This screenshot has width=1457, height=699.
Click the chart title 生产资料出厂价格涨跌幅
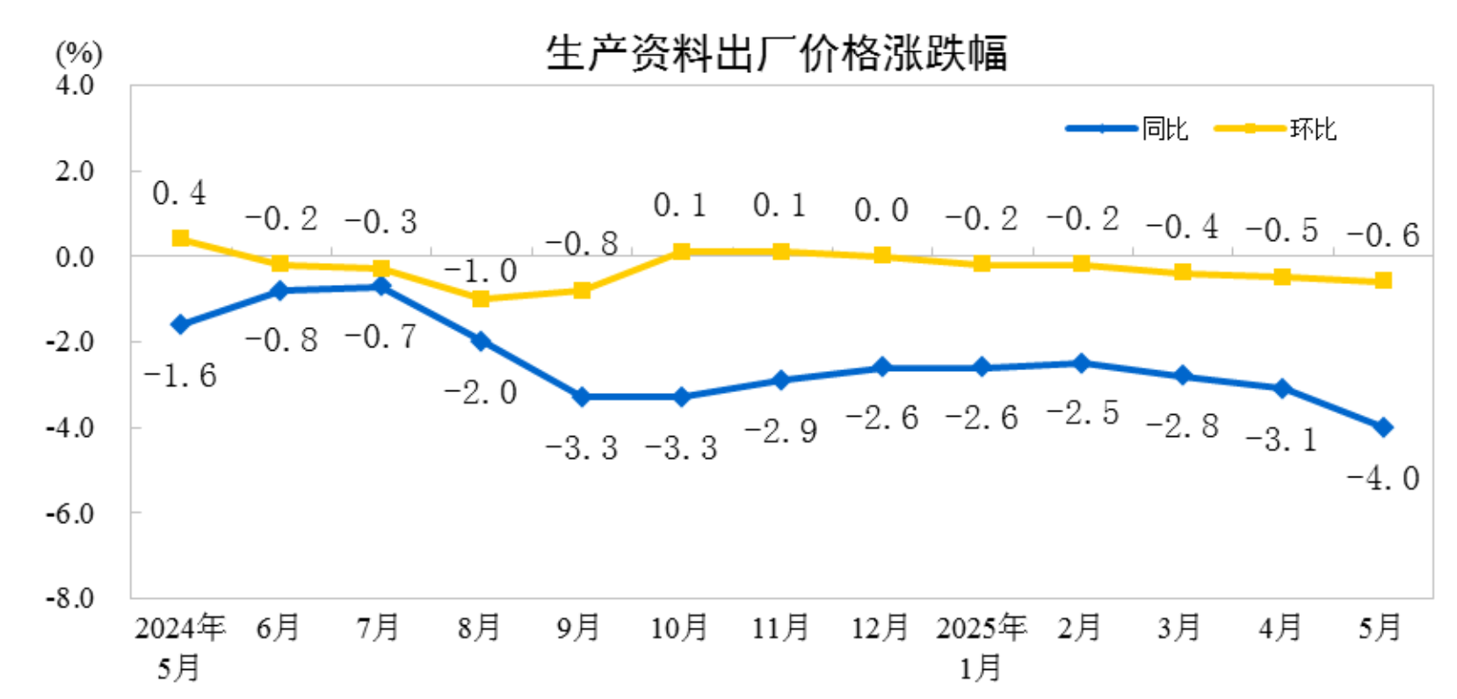point(776,53)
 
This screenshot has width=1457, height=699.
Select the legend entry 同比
point(1164,129)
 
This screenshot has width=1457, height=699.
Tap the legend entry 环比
point(1312,129)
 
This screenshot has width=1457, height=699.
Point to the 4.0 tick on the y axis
point(75,85)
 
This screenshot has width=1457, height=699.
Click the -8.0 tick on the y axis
point(71,598)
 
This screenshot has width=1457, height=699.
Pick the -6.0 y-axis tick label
point(71,513)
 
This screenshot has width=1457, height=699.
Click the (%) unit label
point(79,55)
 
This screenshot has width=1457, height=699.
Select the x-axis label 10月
point(679,628)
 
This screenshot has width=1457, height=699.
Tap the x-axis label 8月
point(479,628)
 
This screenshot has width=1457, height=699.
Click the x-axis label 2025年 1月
point(981,647)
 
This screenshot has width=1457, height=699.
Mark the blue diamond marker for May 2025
point(1382,427)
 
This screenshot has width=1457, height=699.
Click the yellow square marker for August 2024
point(481,299)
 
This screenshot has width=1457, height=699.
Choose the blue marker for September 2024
point(581,397)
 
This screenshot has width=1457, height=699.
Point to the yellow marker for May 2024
point(180,238)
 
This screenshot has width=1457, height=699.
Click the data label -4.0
point(1382,478)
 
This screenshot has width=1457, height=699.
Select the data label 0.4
point(179,193)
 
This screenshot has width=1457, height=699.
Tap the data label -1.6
point(180,376)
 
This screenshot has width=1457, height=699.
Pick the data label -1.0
point(480,272)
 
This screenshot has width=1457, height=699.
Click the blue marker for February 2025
point(1082,363)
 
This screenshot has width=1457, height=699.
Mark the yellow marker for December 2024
point(881,256)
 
